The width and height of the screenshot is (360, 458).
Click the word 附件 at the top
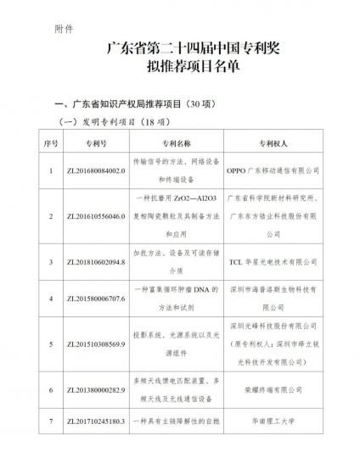(x=63, y=28)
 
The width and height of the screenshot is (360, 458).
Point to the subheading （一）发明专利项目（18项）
(x=118, y=124)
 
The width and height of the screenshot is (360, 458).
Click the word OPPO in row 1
(x=241, y=170)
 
